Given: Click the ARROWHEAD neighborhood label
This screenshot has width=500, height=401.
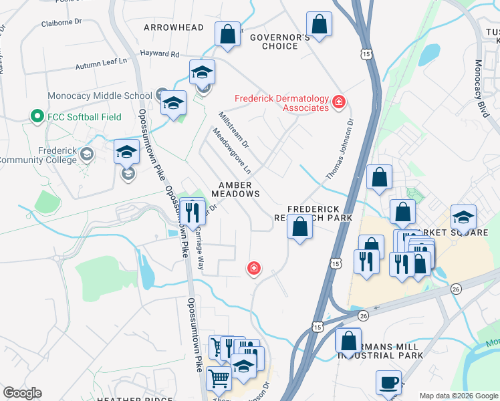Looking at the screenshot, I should [x=174, y=27].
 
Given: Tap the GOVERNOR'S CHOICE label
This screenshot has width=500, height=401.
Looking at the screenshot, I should [x=280, y=41].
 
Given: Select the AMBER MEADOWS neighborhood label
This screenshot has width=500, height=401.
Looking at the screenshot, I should [x=235, y=189].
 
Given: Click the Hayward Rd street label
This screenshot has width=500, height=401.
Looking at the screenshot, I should [x=160, y=53].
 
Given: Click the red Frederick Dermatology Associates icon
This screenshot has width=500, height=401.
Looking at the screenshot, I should [x=340, y=102].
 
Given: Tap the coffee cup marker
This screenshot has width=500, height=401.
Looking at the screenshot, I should [x=389, y=383].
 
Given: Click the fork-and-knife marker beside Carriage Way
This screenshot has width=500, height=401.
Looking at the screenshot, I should [x=193, y=213].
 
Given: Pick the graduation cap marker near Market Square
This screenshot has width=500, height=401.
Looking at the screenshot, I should [x=463, y=217].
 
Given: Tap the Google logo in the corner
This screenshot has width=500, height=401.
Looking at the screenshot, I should [x=22, y=393].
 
